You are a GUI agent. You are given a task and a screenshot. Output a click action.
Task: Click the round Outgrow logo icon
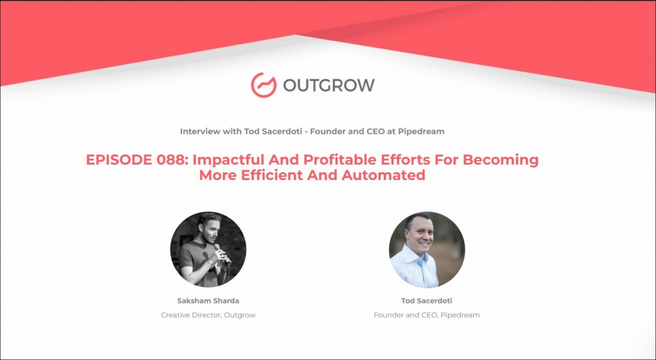[x=263, y=85]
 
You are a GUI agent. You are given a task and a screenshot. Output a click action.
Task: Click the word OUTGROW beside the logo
[x=329, y=85]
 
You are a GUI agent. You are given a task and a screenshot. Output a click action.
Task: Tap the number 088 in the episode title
[x=170, y=160]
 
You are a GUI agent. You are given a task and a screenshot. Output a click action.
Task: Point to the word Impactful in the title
[x=228, y=160]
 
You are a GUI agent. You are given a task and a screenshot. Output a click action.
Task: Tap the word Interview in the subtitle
[x=196, y=131]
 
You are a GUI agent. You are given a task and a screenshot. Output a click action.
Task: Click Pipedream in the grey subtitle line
[x=423, y=132]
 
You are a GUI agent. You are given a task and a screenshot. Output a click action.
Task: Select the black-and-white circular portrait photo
[x=208, y=249]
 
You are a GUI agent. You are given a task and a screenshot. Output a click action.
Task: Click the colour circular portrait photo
[x=427, y=250]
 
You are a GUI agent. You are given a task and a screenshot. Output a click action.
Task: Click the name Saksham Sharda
[x=208, y=300]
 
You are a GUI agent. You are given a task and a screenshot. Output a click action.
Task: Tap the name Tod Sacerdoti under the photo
[x=427, y=300]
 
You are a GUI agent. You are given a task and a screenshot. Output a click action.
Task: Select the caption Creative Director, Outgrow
[x=208, y=315]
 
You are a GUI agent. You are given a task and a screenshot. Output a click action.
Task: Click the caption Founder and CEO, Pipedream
[x=427, y=315]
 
